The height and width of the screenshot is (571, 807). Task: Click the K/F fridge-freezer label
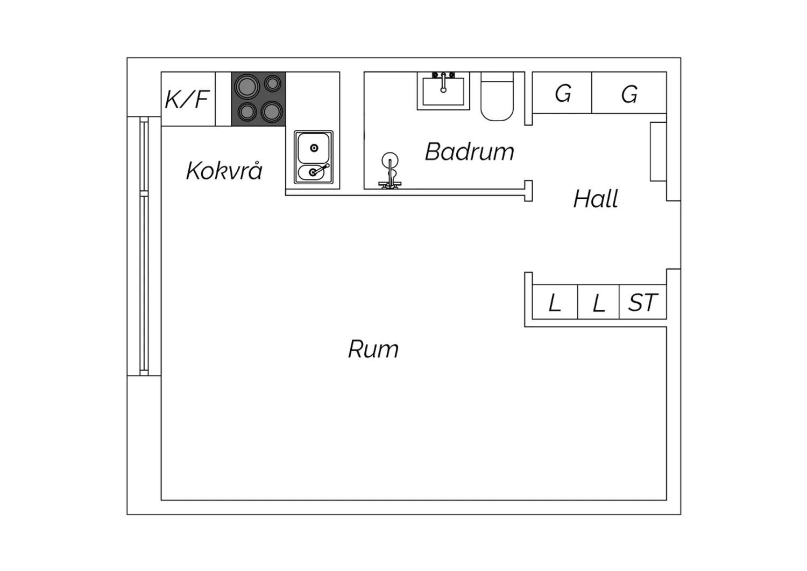click(x=187, y=99)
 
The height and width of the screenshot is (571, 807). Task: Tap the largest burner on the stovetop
click(x=247, y=87)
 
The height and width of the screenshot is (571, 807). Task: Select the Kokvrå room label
click(x=224, y=171)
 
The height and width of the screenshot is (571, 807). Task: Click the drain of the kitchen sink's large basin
click(x=314, y=148)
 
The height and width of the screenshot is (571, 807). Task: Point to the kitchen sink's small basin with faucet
click(x=313, y=172)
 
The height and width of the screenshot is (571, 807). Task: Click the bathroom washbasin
click(x=443, y=91)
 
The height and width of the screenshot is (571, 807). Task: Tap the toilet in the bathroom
click(x=497, y=96)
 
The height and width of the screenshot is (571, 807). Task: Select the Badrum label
click(x=470, y=151)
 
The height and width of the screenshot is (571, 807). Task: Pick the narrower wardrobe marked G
click(x=562, y=93)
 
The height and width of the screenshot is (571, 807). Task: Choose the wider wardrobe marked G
click(x=629, y=93)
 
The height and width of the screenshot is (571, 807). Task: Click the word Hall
click(x=596, y=199)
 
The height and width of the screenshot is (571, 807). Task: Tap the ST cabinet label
click(x=643, y=302)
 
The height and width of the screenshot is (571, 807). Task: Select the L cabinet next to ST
click(x=598, y=302)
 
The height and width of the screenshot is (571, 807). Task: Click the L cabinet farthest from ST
click(x=555, y=302)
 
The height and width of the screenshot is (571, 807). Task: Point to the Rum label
click(x=373, y=349)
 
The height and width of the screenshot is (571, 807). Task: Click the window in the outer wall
click(x=144, y=246)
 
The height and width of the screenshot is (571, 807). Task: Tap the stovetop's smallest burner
click(x=273, y=83)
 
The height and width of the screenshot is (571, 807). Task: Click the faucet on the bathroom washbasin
click(x=443, y=82)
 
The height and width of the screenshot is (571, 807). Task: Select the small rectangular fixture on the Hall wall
click(x=658, y=151)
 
